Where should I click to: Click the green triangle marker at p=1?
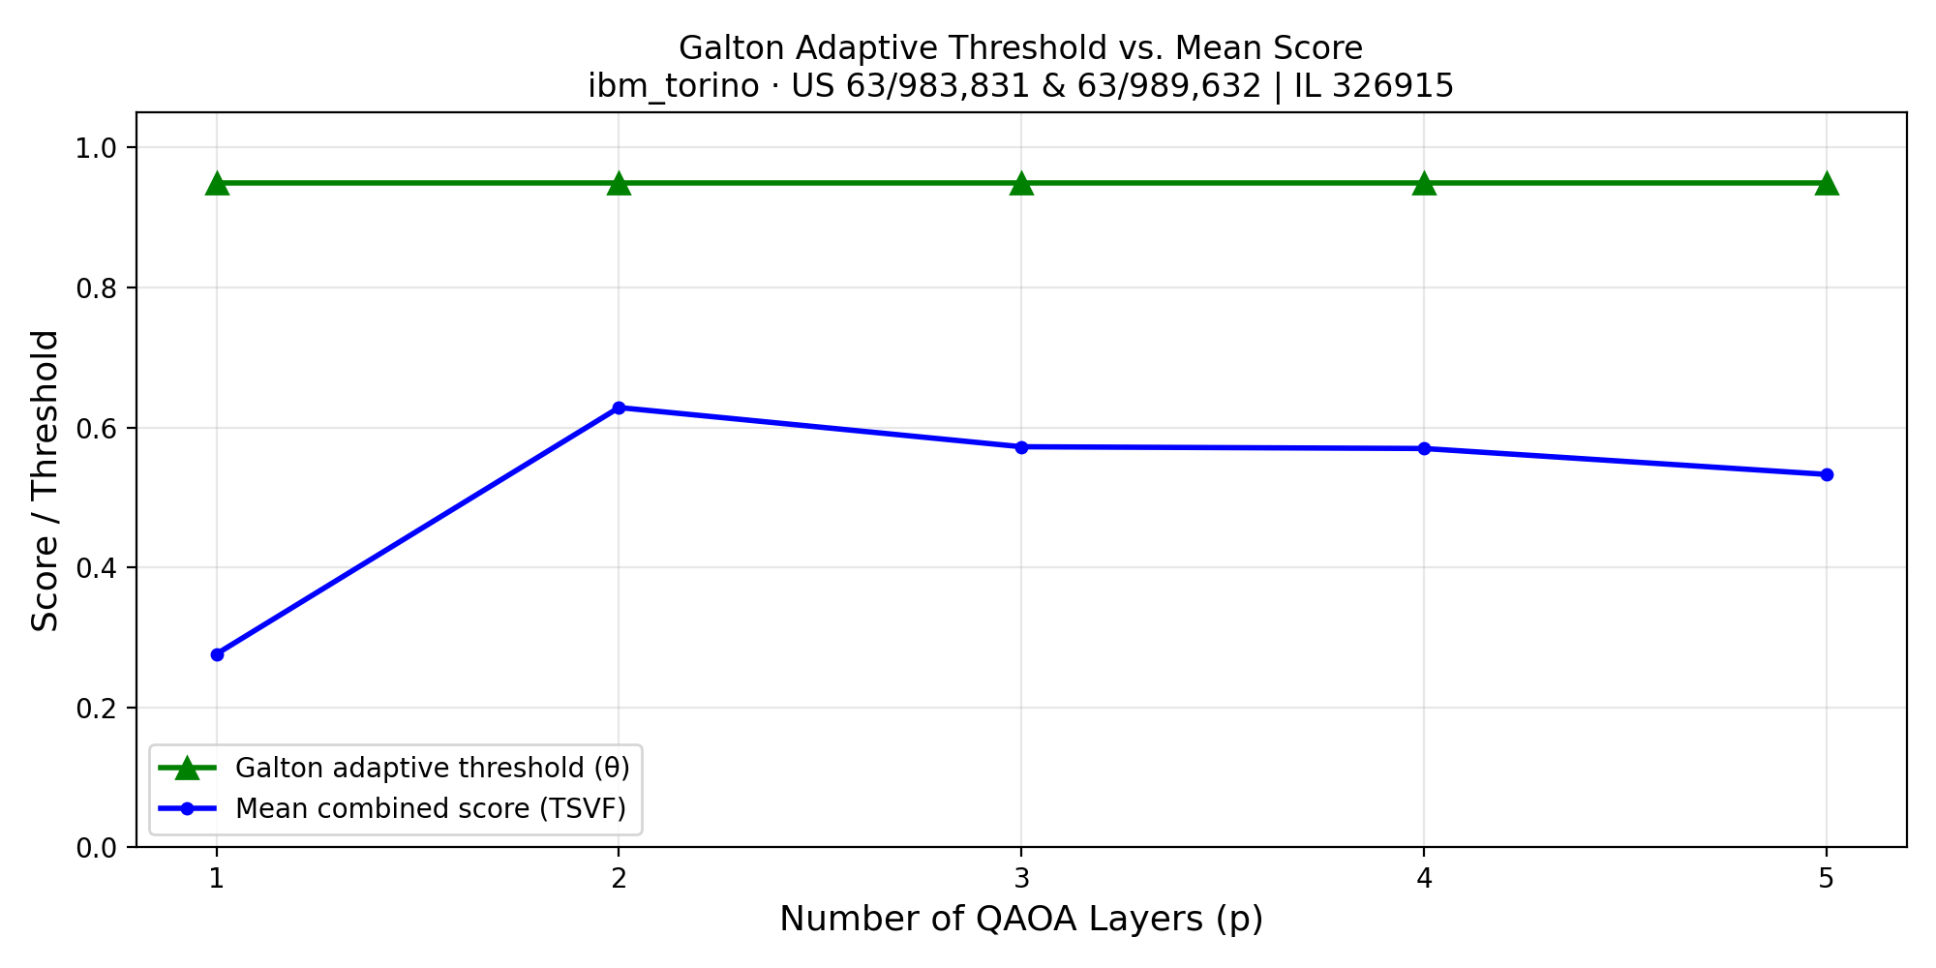click(217, 183)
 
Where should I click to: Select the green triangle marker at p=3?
click(1021, 183)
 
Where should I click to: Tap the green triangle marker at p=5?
click(1827, 183)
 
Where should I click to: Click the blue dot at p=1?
click(217, 654)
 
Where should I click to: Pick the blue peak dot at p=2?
click(619, 408)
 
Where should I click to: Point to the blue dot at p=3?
click(1021, 447)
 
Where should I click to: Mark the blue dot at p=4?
click(1424, 448)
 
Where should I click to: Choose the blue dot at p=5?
click(1827, 474)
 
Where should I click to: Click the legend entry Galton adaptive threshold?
click(432, 768)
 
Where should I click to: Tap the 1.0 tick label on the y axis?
click(94, 148)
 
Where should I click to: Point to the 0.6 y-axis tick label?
click(94, 428)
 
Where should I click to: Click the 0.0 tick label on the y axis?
click(94, 848)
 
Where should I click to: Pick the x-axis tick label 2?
click(619, 879)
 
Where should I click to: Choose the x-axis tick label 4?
click(1424, 879)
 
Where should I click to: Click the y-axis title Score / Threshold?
click(45, 480)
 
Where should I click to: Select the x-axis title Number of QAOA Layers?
click(1021, 919)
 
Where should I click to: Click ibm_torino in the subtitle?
click(674, 87)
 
